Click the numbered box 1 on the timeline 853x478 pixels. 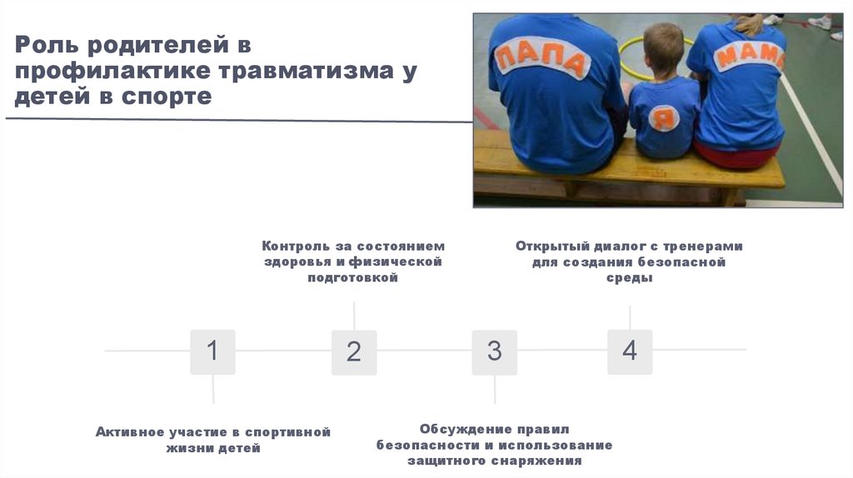coord(212,351)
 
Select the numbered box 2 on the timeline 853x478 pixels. coord(354,351)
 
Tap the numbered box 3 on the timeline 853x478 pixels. coord(495,351)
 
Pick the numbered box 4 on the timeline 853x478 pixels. coord(630,351)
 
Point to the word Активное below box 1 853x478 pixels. coord(132,432)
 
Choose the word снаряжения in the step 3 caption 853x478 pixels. coord(541,461)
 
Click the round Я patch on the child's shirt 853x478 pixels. coord(664,118)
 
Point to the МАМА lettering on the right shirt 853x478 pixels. coord(750,57)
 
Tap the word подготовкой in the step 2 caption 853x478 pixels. coord(353,278)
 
